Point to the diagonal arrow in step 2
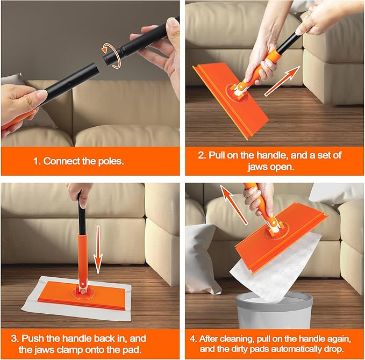tap(282, 81)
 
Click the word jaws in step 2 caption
tap(256, 167)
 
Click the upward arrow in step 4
tap(233, 205)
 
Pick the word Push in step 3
tap(33, 339)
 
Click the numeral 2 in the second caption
tap(201, 155)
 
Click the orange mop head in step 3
tap(82, 296)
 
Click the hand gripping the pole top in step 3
tap(81, 193)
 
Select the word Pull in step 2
tap(217, 155)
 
